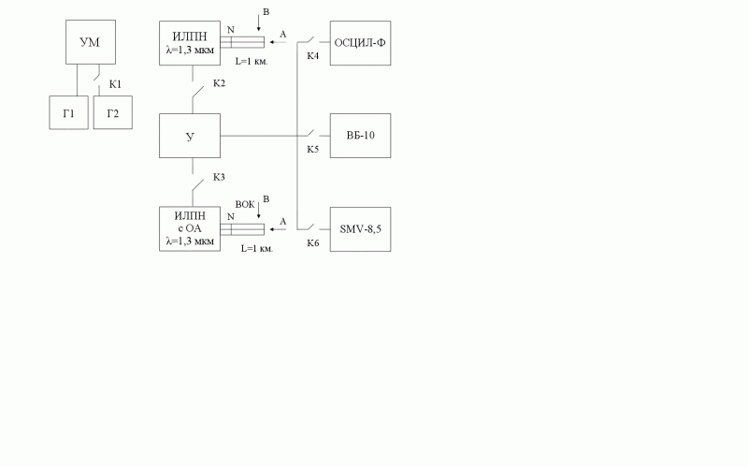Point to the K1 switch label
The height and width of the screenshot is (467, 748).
coord(115,84)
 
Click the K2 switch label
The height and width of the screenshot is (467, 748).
coord(219,83)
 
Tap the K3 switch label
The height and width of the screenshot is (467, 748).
coord(219,177)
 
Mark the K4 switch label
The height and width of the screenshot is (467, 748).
coord(313,56)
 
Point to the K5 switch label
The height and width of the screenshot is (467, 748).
coord(313,150)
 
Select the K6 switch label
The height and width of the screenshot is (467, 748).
coord(313,243)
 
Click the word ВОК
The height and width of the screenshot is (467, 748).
coord(245,204)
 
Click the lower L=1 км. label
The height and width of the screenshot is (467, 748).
coord(257,248)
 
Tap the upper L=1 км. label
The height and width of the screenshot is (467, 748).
coord(252,61)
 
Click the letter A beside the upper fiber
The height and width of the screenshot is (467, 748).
coord(283,35)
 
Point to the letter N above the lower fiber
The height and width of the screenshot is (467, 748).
coord(231,217)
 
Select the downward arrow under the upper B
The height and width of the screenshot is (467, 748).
coord(259,23)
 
